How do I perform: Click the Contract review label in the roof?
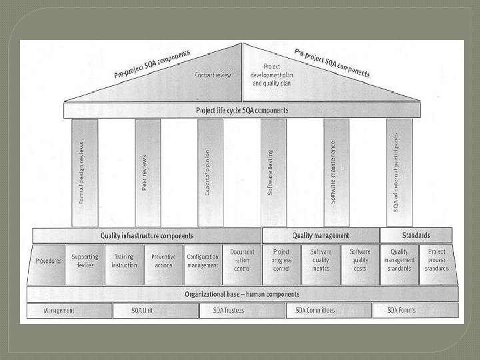tap(213, 75)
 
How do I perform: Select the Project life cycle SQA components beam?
tap(242, 110)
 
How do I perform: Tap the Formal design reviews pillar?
tap(85, 172)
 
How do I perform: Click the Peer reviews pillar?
tap(147, 172)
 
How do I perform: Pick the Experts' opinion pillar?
tap(210, 172)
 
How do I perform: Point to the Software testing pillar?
tap(273, 172)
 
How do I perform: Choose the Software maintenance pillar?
tap(336, 172)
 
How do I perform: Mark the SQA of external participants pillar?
tap(399, 172)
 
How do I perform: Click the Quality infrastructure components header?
tap(147, 235)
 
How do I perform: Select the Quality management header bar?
tap(321, 235)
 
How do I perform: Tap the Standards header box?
tap(416, 235)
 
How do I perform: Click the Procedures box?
tap(48, 261)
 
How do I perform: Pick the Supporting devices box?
tap(85, 261)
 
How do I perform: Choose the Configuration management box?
tap(203, 261)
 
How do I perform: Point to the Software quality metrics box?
tap(321, 261)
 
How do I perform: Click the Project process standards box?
tap(437, 261)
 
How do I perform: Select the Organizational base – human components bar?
tap(242, 294)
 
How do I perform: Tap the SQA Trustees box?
tap(229, 311)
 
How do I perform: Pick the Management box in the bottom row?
tap(60, 311)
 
